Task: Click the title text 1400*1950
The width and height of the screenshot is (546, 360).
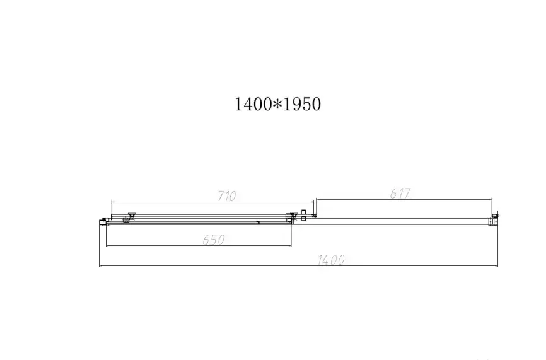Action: pyautogui.click(x=278, y=104)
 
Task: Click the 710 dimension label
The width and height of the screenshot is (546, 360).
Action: pyautogui.click(x=226, y=196)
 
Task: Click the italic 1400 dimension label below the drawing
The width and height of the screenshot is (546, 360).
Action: pyautogui.click(x=331, y=260)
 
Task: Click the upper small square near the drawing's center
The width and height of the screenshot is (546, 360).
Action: pyautogui.click(x=304, y=211)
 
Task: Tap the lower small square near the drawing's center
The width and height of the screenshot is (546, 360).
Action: pyautogui.click(x=304, y=219)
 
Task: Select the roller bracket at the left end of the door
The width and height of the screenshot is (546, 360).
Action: pyautogui.click(x=131, y=217)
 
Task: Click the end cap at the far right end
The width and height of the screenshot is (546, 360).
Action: pyautogui.click(x=495, y=219)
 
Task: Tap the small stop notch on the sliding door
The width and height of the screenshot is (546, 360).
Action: pyautogui.click(x=258, y=222)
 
